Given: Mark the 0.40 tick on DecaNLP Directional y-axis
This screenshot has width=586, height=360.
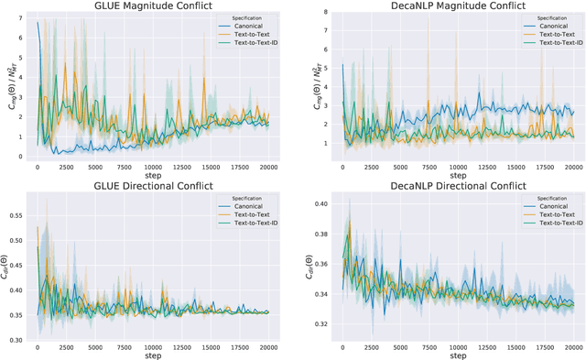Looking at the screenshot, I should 319,202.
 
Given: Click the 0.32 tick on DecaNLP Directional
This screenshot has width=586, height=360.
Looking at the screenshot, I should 319,323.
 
